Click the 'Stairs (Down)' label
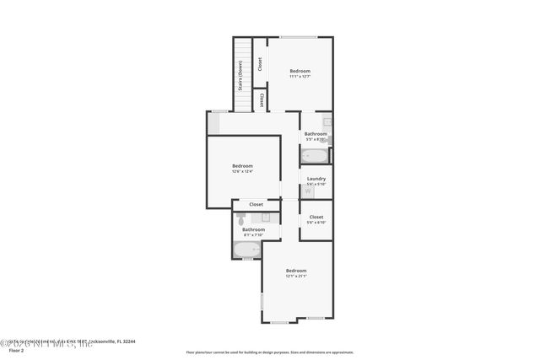click(240, 75)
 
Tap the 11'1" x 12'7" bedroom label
click(300, 73)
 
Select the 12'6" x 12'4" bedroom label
click(242, 168)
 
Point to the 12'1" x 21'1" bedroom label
click(295, 272)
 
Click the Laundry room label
click(316, 180)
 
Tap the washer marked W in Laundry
click(307, 191)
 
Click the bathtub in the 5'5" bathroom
click(315, 156)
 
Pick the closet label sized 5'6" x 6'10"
click(316, 218)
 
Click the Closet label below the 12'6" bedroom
click(256, 204)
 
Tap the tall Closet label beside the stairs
click(260, 64)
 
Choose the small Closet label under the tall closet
click(262, 100)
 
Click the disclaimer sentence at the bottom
click(270, 352)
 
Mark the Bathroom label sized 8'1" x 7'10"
click(253, 231)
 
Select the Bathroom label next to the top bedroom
click(316, 135)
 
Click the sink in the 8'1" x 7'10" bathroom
click(264, 218)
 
